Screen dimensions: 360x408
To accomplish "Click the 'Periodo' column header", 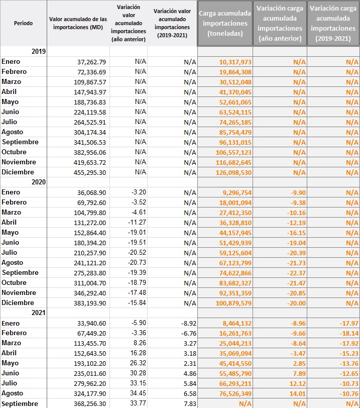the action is pos(24,23).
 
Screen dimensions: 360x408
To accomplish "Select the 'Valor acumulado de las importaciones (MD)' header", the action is pos(78,23).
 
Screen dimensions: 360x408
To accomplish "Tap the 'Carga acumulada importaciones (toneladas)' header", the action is pos(225,23).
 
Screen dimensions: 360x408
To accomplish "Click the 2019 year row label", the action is pos(39,51).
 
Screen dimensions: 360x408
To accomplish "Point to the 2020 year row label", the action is pos(39,182).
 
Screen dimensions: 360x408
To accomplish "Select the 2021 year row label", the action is pos(39,313).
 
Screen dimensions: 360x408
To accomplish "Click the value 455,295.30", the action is pos(90,172).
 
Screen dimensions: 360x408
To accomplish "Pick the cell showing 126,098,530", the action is pos(233,172).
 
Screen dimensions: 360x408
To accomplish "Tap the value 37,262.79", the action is pos(91,62).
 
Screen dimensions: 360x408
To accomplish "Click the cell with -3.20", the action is pos(139,192).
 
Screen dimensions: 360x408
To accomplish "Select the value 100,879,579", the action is pos(233,303).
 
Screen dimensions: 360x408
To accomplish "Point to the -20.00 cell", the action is pos(296,303).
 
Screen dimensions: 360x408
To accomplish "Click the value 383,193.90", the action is pos(90,303).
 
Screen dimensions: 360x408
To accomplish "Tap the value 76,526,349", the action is pos(235,394).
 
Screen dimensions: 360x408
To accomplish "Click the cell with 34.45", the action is pos(138,393).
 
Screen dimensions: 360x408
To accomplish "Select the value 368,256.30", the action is pos(90,403).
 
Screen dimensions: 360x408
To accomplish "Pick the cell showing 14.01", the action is pos(298,394).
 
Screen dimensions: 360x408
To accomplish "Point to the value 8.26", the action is pos(140,343).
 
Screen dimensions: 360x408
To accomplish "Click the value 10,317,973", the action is pos(235,62).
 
